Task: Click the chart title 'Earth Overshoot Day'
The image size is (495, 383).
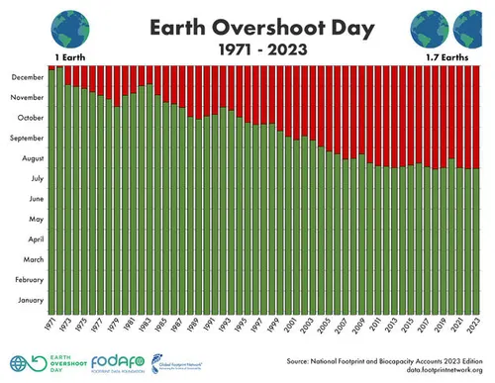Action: click(x=247, y=24)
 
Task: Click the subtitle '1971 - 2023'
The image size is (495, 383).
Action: click(x=247, y=48)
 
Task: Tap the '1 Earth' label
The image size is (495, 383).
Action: click(x=68, y=58)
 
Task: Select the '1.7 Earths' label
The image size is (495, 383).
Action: click(x=446, y=58)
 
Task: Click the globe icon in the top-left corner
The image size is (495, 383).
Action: click(x=68, y=26)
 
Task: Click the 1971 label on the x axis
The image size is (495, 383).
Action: click(x=49, y=328)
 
